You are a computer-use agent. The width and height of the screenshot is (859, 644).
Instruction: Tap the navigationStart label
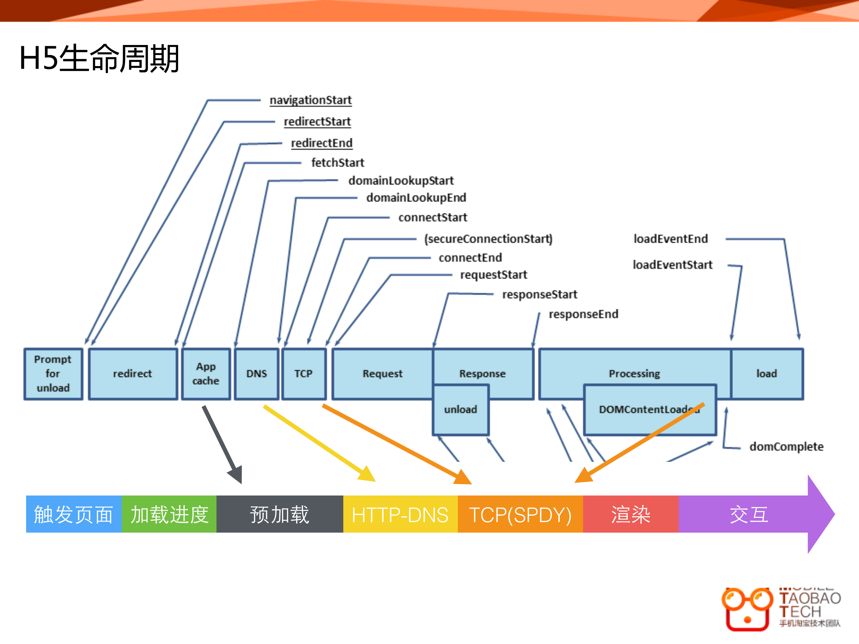click(311, 100)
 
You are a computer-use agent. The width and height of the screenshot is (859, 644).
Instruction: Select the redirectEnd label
click(322, 143)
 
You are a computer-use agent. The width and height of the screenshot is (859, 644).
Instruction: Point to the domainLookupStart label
click(401, 181)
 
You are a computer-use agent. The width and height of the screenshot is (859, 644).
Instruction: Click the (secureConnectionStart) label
click(488, 239)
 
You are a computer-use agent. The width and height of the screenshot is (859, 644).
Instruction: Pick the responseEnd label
click(583, 314)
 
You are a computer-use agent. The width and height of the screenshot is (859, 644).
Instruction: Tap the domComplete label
click(786, 447)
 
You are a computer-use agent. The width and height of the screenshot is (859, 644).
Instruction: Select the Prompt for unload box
click(53, 373)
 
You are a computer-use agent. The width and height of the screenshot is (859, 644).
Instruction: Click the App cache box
click(206, 373)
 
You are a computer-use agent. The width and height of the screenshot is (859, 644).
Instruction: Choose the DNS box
click(257, 373)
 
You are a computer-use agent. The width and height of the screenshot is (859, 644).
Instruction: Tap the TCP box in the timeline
click(304, 373)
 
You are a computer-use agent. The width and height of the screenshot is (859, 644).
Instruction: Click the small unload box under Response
click(461, 410)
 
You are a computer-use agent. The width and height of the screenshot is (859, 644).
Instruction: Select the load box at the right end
click(766, 373)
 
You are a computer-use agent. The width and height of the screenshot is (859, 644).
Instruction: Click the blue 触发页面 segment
click(74, 514)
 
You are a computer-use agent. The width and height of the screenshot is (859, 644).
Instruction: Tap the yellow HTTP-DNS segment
click(400, 514)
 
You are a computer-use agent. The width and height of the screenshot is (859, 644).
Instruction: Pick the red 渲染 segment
click(631, 514)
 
